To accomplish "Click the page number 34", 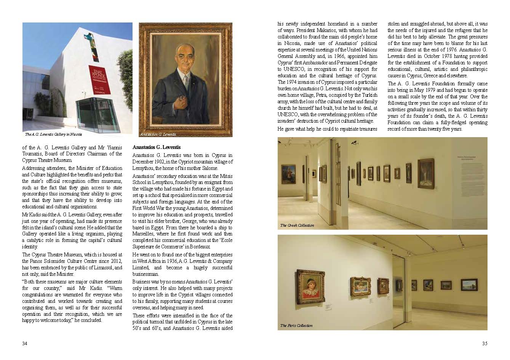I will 24,343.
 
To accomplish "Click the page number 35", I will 484,343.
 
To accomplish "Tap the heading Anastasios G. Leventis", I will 157,147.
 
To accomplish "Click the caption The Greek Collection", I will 297,226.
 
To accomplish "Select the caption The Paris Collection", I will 296,326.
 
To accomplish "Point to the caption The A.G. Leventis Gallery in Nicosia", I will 53,134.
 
